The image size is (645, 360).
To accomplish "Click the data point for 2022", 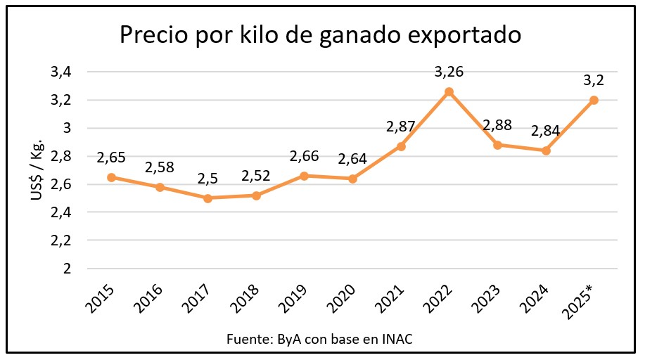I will [449, 91].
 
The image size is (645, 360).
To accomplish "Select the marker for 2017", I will [208, 198].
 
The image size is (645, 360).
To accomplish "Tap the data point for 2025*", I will [594, 100].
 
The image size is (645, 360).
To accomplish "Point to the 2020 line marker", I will [352, 179].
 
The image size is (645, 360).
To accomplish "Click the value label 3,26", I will [449, 72].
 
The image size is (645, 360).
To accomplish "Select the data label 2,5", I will [208, 179].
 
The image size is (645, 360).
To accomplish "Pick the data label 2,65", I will [111, 157].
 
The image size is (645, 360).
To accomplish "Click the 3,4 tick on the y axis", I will [62, 72].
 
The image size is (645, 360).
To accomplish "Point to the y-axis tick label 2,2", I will [62, 240].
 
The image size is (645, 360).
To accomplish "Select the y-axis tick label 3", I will [68, 128].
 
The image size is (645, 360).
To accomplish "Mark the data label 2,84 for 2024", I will [545, 131].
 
